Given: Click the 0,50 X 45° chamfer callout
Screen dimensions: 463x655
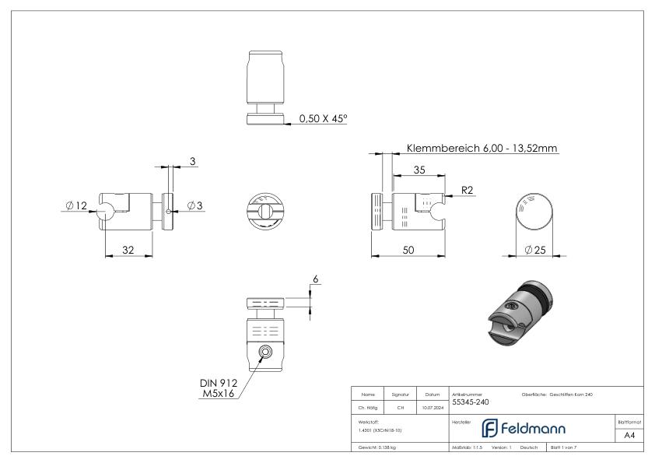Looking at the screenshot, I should point(323,119).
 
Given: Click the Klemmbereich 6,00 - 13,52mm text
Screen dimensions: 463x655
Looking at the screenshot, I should point(482,148).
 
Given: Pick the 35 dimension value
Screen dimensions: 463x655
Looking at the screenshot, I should point(419,170).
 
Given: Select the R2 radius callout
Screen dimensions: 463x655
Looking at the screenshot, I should point(467,189).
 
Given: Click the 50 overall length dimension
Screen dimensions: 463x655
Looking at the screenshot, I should point(408,249).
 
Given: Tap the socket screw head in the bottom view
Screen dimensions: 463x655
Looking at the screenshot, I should point(266,353).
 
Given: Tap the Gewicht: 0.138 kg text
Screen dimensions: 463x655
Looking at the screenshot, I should point(378,447).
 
